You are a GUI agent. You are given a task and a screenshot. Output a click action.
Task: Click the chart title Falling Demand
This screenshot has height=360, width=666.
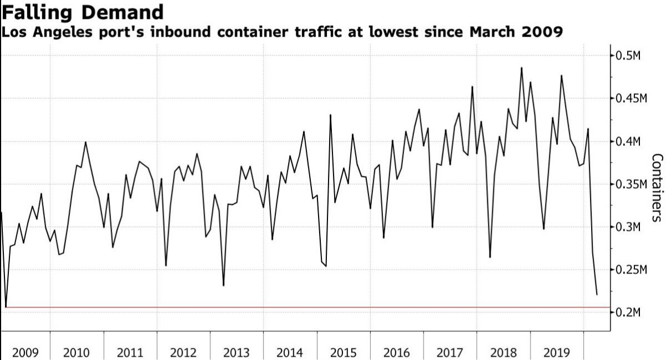click(83, 12)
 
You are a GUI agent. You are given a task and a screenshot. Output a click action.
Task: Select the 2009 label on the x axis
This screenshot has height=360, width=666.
click(25, 352)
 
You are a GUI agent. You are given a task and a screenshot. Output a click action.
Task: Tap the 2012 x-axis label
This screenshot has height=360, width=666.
click(184, 352)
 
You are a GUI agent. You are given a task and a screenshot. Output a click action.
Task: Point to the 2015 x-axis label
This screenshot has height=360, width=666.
click(344, 352)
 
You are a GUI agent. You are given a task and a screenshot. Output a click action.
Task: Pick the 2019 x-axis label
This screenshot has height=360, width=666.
click(557, 352)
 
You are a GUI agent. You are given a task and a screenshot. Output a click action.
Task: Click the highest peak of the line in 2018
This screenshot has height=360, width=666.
click(521, 68)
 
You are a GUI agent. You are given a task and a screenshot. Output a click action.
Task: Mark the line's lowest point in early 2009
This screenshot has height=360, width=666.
click(6, 307)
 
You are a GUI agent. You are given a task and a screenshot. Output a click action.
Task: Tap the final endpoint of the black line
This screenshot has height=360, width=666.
click(597, 295)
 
